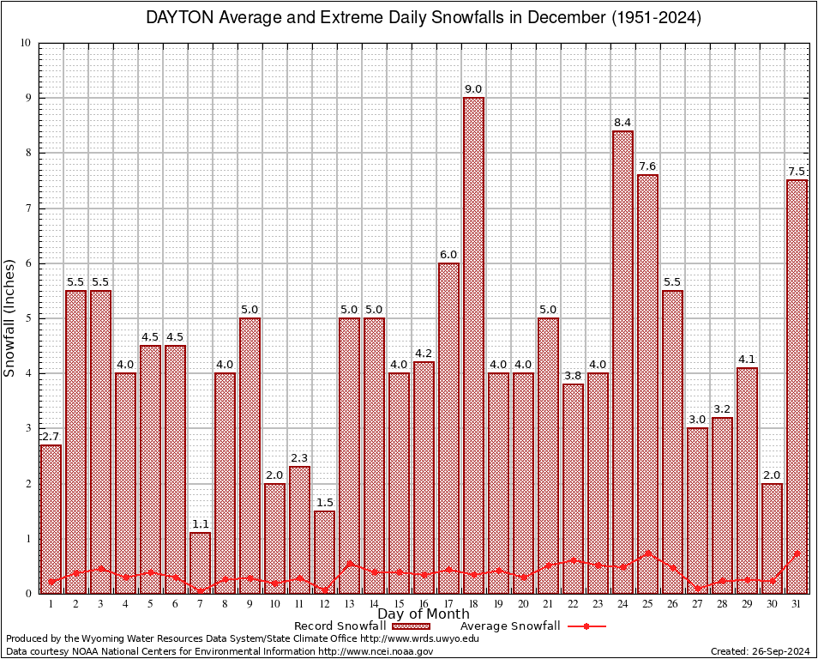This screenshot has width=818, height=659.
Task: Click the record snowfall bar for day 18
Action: (473, 343)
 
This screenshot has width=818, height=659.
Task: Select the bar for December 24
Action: (623, 360)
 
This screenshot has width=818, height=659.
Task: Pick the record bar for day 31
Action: (797, 386)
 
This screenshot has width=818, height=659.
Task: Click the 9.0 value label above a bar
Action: (473, 89)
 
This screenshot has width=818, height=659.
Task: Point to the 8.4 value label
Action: (623, 123)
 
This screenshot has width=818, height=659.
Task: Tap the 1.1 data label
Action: (200, 524)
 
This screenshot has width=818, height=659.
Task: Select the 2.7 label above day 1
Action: (51, 436)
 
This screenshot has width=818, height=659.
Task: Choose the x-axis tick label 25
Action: (647, 603)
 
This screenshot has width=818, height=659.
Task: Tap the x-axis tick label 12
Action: (324, 603)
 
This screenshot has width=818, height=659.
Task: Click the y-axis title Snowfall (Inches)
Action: (10, 317)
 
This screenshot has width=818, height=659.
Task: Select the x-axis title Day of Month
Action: (423, 614)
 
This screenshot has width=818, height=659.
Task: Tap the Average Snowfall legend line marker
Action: (586, 626)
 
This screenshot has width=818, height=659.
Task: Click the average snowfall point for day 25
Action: (647, 553)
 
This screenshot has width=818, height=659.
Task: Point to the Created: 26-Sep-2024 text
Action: (760, 651)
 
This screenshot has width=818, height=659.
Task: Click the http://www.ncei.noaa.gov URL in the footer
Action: (376, 651)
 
